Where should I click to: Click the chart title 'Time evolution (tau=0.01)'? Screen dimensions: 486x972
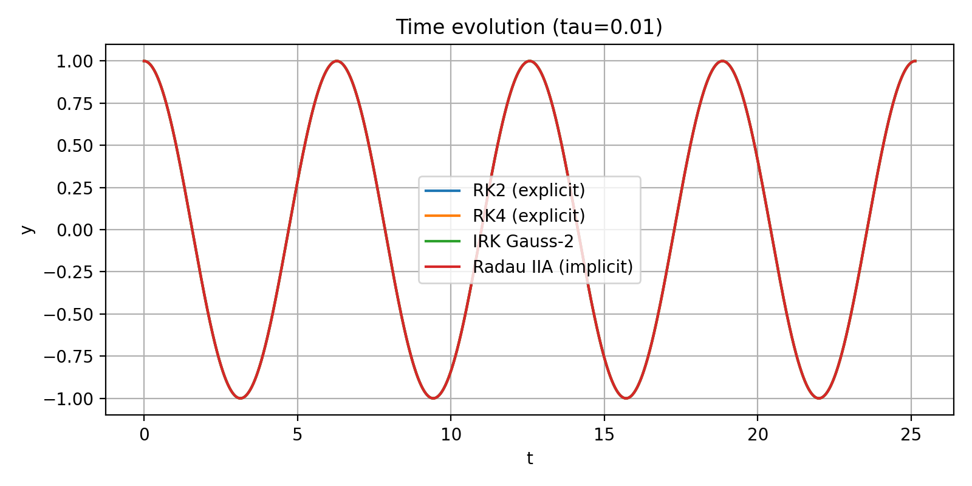(x=529, y=27)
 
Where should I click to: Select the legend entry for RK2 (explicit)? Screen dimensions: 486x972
(x=529, y=190)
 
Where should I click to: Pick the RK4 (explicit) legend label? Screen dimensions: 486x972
(x=529, y=216)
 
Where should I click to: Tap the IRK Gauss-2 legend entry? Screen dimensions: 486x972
(x=522, y=241)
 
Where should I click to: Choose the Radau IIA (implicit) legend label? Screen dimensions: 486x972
(x=552, y=267)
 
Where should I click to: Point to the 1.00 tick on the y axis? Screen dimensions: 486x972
(x=75, y=61)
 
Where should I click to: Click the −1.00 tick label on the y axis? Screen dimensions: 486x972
(x=69, y=399)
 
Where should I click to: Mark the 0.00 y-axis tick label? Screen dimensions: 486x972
(x=75, y=230)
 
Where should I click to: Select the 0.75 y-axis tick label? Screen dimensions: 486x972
(x=75, y=104)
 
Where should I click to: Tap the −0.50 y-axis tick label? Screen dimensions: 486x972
(x=69, y=315)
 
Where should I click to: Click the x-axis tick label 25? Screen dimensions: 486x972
(x=911, y=435)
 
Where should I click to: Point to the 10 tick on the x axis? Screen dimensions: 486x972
(x=451, y=435)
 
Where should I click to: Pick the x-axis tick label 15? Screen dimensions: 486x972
(x=604, y=435)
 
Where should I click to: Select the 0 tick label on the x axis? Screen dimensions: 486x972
(x=144, y=435)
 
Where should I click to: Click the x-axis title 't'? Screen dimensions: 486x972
(x=530, y=459)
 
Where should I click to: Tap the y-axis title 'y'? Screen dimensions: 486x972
(x=27, y=230)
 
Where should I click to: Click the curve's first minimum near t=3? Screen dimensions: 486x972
(x=241, y=398)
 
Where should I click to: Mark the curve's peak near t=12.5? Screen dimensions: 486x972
(x=530, y=61)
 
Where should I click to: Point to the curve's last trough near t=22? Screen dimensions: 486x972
(x=819, y=398)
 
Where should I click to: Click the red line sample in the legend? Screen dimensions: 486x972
(x=442, y=267)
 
